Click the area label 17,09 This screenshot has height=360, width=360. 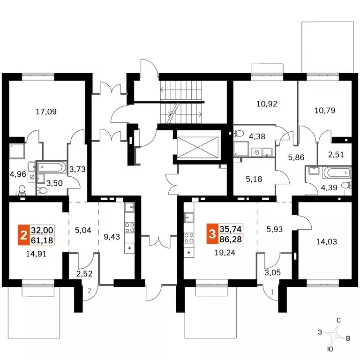point(46,112)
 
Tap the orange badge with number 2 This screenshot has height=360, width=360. point(23,235)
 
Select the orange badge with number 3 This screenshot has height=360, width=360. point(212,234)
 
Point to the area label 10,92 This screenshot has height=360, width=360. point(267,104)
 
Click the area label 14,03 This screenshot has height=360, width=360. point(326,241)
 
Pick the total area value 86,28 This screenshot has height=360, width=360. point(231,239)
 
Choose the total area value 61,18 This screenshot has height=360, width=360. point(42,240)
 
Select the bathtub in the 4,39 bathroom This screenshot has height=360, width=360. point(337,172)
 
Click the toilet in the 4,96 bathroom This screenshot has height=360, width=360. point(22,190)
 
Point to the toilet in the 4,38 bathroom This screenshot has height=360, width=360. point(239,133)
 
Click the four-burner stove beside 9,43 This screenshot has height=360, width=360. point(129,227)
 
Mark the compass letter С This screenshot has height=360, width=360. point(338,320)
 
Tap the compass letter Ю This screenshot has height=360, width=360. point(330,349)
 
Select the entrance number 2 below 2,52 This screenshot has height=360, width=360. point(90,291)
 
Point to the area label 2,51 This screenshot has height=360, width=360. point(336,155)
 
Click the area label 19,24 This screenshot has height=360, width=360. point(225,253)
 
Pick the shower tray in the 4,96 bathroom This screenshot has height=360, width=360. point(17,151)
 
